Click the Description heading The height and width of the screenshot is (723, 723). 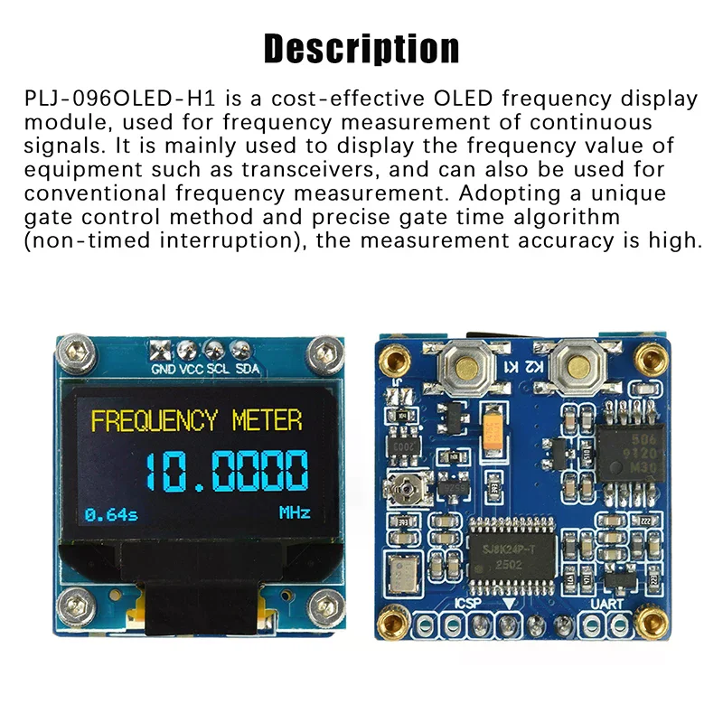(x=361, y=47)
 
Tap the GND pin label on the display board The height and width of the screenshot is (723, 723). (x=163, y=368)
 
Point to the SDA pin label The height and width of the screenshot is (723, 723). (x=247, y=368)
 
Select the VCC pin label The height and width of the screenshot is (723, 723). (x=190, y=368)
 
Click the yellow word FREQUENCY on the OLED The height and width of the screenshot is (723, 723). (x=155, y=420)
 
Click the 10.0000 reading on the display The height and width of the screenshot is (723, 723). (x=226, y=470)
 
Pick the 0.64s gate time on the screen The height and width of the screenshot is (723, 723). (x=111, y=514)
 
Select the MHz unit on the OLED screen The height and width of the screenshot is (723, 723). (x=295, y=513)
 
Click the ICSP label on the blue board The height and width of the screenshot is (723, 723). (x=469, y=602)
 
